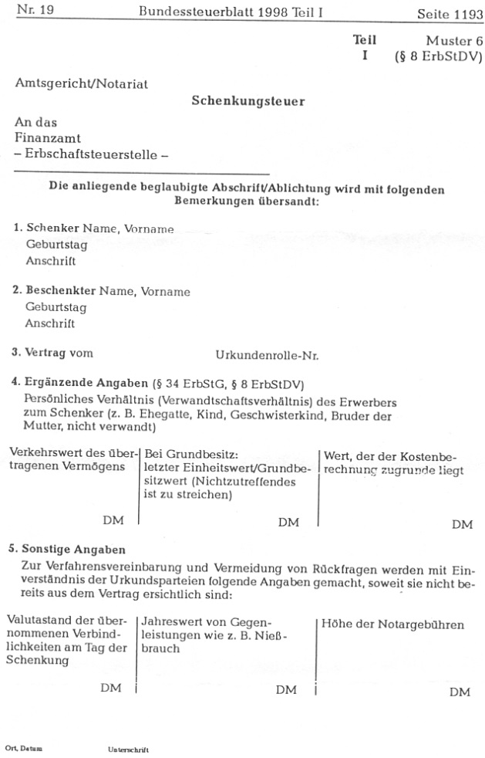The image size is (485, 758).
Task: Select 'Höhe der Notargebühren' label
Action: (x=393, y=624)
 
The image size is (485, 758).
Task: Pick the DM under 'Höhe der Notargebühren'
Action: (x=460, y=692)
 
